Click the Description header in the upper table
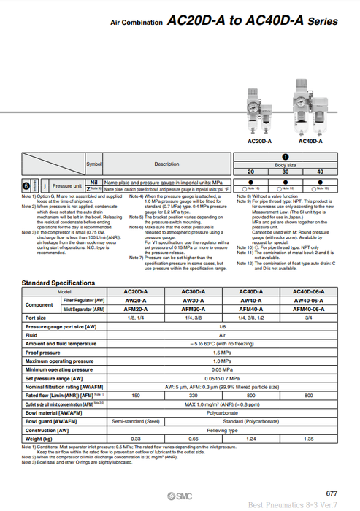166,164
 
